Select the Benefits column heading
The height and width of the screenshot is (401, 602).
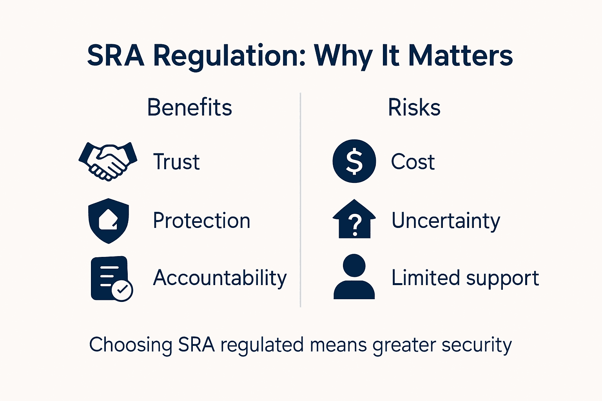pyautogui.click(x=189, y=107)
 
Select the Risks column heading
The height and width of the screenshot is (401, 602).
pyautogui.click(x=414, y=107)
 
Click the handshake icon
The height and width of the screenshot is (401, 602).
pyautogui.click(x=108, y=161)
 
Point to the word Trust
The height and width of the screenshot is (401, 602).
pyautogui.click(x=176, y=162)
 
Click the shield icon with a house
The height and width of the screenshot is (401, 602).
pyautogui.click(x=109, y=220)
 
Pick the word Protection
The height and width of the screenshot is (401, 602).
pyautogui.click(x=201, y=220)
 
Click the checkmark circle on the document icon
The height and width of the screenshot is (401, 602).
pyautogui.click(x=122, y=290)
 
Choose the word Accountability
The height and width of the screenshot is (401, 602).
pyautogui.click(x=220, y=278)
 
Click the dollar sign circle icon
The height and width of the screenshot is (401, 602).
pyautogui.click(x=354, y=161)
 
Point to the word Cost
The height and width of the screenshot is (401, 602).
pyautogui.click(x=413, y=162)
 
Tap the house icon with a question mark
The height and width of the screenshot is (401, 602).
pyautogui.click(x=354, y=219)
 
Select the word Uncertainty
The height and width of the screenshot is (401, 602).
pyautogui.click(x=446, y=221)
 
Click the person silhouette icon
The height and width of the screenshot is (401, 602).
pyautogui.click(x=354, y=277)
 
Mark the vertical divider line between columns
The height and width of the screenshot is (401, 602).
pyautogui.click(x=300, y=200)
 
